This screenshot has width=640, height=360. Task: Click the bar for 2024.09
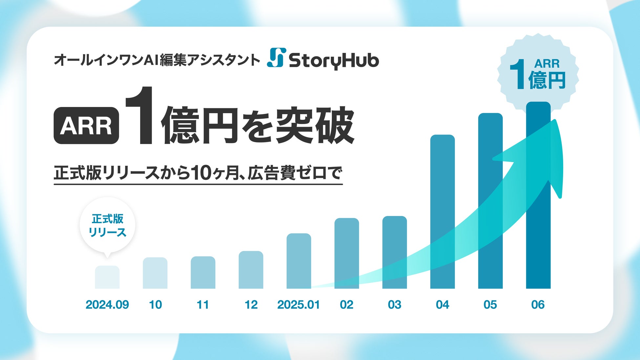pyautogui.click(x=107, y=277)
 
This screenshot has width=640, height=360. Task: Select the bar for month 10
pyautogui.click(x=155, y=273)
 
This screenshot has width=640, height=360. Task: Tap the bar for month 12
pyautogui.click(x=251, y=270)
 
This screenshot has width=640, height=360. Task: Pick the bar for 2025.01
pyautogui.click(x=299, y=261)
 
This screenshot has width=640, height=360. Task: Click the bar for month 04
pyautogui.click(x=442, y=212)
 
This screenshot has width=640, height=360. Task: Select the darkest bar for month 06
pyautogui.click(x=538, y=195)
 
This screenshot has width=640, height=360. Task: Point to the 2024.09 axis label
pyautogui.click(x=107, y=305)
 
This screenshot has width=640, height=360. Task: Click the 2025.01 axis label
pyautogui.click(x=298, y=305)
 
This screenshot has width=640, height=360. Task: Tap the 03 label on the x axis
pyautogui.click(x=395, y=305)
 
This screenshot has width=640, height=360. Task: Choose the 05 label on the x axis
pyautogui.click(x=490, y=305)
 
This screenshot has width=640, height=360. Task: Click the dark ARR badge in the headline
pyautogui.click(x=86, y=125)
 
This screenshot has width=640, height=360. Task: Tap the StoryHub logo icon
pyautogui.click(x=276, y=57)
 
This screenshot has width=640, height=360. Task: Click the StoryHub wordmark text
pyautogui.click(x=334, y=60)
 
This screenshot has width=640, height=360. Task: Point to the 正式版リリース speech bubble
pyautogui.click(x=107, y=226)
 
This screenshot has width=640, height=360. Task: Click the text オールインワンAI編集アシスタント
pyautogui.click(x=157, y=60)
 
